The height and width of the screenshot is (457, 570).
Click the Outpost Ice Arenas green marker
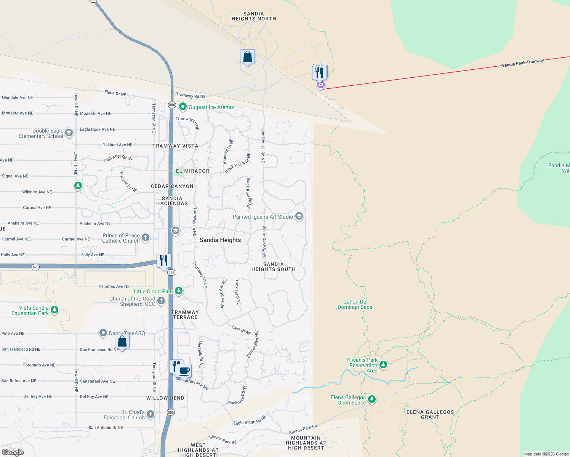(183, 107)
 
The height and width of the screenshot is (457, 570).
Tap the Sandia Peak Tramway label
(523, 63)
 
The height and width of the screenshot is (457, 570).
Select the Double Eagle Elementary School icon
(69, 133)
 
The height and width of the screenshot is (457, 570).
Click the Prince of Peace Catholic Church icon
(146, 238)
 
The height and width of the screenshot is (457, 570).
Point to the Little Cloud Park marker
(178, 291)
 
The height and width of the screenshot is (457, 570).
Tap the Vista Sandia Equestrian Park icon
(54, 310)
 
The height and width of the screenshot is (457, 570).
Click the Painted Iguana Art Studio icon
(299, 217)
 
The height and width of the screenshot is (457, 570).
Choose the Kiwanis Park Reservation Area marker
(383, 365)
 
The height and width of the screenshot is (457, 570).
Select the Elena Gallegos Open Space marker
(372, 399)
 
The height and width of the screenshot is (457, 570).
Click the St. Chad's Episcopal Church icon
(151, 414)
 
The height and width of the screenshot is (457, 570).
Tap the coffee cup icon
(185, 371)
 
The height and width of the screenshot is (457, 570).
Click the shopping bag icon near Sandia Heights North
(247, 57)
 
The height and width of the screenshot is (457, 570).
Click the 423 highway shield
(35, 267)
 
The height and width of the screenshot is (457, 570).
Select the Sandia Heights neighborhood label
(220, 240)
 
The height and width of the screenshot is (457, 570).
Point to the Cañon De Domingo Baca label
(355, 304)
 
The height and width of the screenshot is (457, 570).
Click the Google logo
(13, 452)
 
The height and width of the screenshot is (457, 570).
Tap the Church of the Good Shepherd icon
(161, 301)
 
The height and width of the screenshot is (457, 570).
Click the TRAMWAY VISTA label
(175, 146)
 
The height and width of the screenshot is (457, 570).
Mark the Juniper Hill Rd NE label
(263, 146)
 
